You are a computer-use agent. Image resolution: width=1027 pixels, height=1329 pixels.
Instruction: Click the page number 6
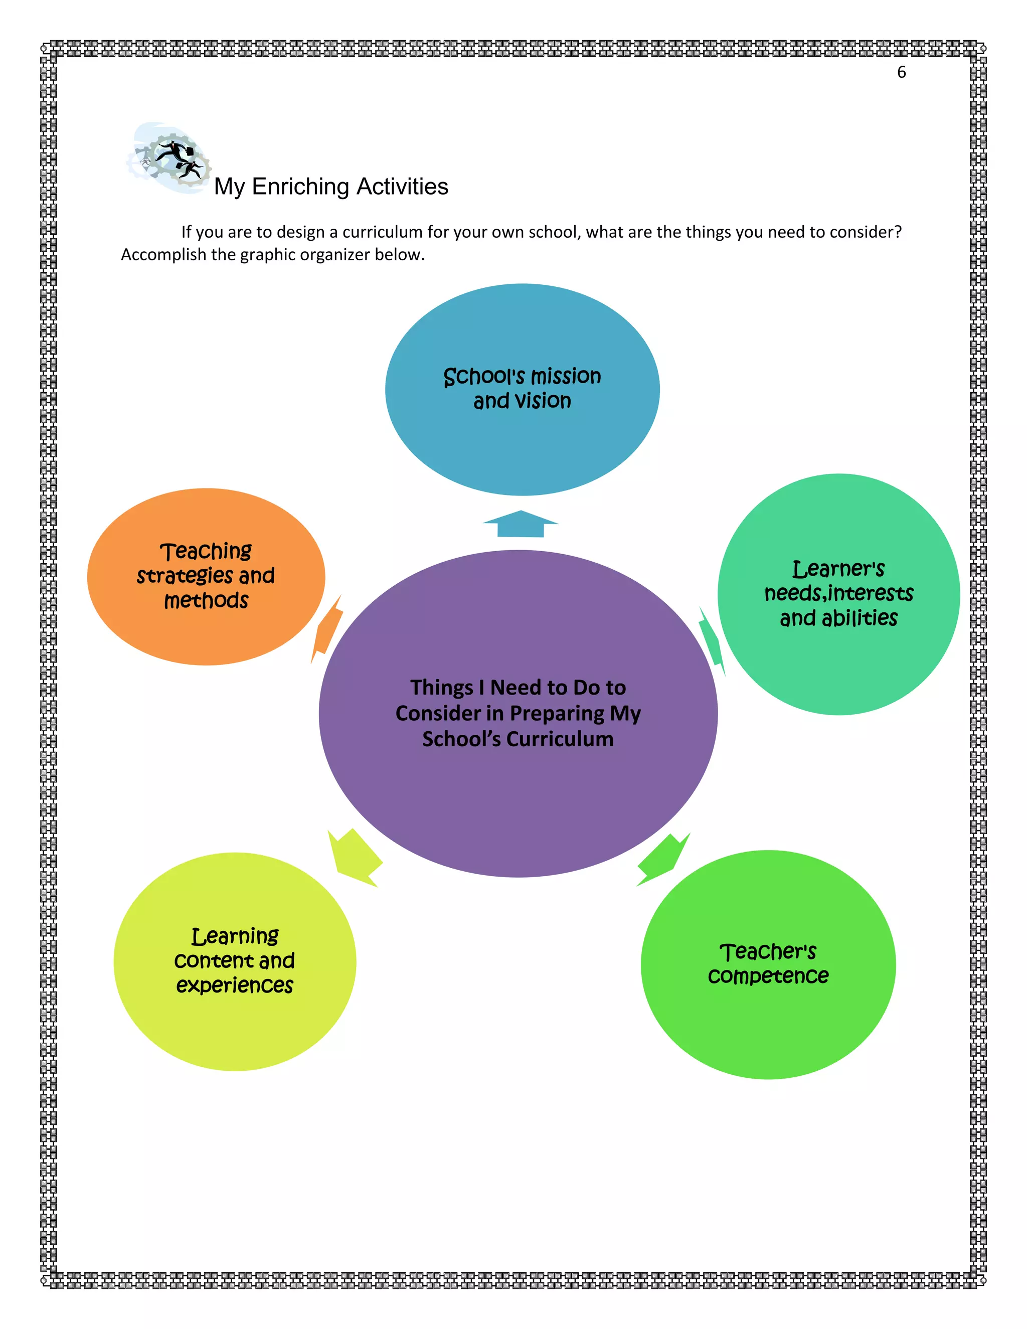(x=901, y=72)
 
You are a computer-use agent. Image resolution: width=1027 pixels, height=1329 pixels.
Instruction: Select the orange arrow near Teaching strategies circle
(x=327, y=630)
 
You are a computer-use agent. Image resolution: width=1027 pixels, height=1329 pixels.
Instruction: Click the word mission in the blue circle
(x=566, y=377)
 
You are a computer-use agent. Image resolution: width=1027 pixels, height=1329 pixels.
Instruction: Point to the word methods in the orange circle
(x=206, y=601)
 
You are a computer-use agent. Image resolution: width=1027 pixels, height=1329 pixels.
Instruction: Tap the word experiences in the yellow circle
(x=234, y=985)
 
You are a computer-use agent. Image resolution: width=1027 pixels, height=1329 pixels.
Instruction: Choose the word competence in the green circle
(x=768, y=976)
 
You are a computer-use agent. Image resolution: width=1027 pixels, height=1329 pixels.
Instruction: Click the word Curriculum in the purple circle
(x=560, y=739)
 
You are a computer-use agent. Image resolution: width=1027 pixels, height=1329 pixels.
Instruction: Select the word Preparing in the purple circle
(x=557, y=713)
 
